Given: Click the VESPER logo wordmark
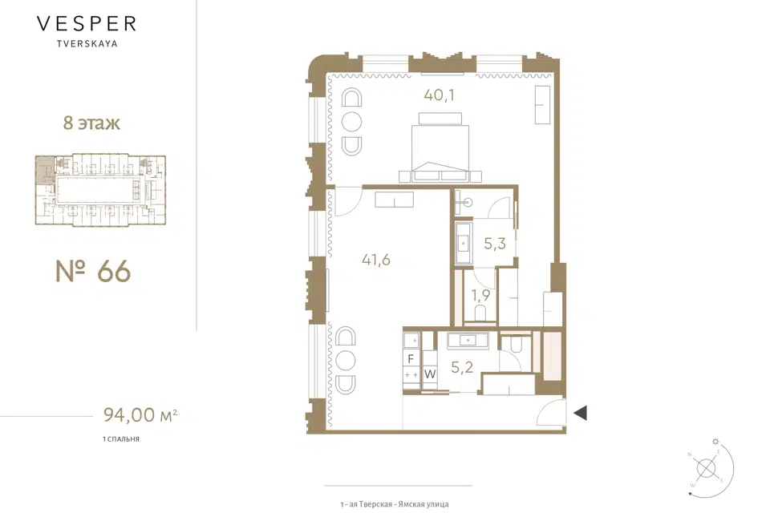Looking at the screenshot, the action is coord(87,23).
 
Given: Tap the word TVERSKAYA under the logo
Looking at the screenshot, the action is coord(87,44).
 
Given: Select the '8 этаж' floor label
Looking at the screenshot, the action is coord(91,123).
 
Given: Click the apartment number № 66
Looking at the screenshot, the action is coord(93,272).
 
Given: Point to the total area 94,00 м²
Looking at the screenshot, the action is coord(140,415).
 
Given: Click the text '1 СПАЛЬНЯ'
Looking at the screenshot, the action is coord(121,439).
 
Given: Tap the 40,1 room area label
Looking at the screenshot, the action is coord(439,95).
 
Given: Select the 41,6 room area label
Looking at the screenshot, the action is coord(376,259).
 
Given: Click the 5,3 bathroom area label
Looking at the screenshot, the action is coord(495,243).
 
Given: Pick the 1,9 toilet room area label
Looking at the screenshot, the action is coord(480,295).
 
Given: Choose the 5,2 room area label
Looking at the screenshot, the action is coord(462,366).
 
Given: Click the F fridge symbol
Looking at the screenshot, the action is coord(411,359).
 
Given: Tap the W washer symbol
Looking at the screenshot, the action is coord(430,374).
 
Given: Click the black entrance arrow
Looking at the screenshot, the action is coord(581,413).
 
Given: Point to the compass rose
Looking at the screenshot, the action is coord(707,468).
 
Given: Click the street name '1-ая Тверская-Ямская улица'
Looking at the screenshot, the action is coord(395,504).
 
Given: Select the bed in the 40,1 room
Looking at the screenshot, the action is coord(440,147).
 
